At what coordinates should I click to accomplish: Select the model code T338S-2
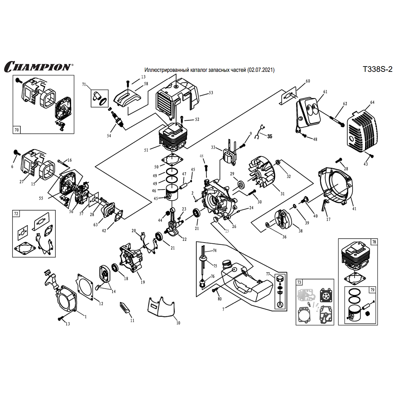[x=377, y=70]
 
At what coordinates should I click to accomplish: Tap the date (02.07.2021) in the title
[x=261, y=70]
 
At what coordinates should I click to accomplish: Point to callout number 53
[x=211, y=93]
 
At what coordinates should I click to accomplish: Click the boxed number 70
[x=17, y=130]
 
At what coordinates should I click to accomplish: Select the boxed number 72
[x=16, y=213]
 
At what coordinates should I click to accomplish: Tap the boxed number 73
[x=299, y=283]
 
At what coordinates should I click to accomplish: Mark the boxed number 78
[x=374, y=242]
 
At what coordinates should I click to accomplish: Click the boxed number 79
[x=372, y=289]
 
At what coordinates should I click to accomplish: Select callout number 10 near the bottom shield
[x=178, y=323]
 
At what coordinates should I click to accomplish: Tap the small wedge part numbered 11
[x=125, y=307]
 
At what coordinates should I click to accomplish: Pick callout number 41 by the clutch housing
[x=354, y=209]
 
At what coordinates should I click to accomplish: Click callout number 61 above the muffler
[x=325, y=92]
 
